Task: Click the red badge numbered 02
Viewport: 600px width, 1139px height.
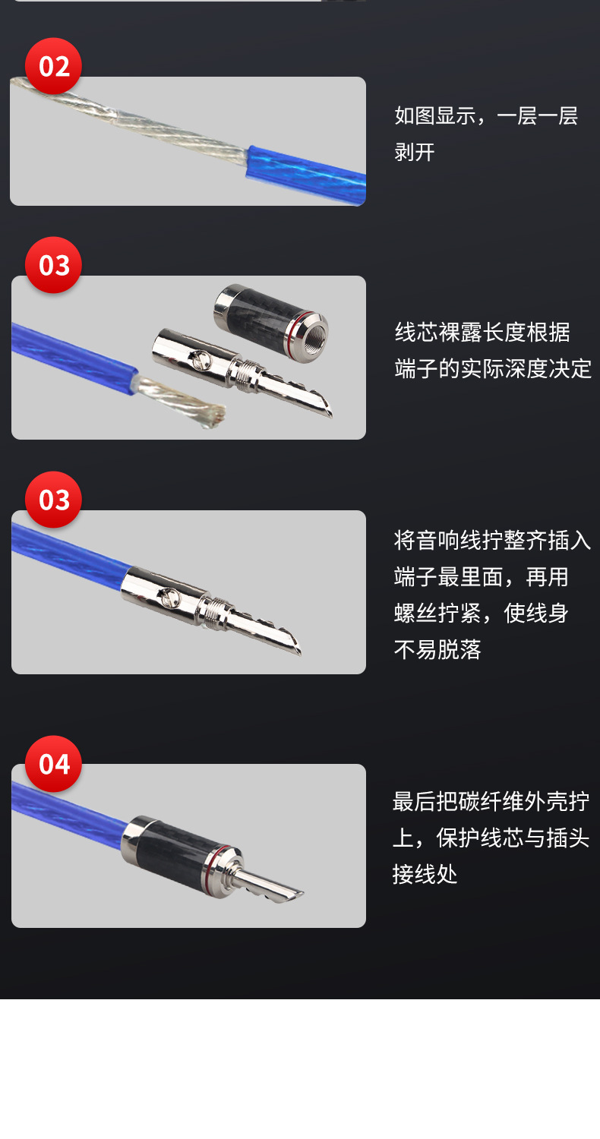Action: (x=53, y=66)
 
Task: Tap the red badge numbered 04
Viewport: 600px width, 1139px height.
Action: (x=53, y=764)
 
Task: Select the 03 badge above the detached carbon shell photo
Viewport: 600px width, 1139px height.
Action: (x=53, y=266)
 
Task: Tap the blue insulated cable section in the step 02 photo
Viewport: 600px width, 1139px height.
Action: (x=304, y=173)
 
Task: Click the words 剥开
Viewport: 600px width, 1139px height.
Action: (x=415, y=152)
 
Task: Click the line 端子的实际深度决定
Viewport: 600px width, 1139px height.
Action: (x=493, y=368)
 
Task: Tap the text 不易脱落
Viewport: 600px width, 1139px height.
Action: (x=437, y=649)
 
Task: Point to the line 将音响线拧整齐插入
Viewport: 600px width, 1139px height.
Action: (x=492, y=540)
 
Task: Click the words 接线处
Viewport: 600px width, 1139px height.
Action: (x=425, y=874)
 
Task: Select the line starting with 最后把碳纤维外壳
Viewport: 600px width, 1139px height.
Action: (x=491, y=801)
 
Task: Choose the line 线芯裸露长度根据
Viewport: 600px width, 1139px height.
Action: (x=482, y=332)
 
